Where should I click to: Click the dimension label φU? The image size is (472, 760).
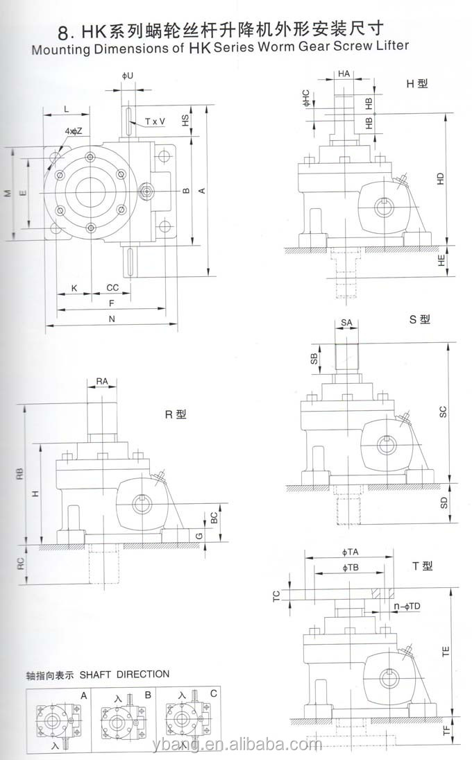[128, 76]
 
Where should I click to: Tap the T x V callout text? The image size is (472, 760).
[155, 121]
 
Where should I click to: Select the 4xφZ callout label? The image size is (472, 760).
[74, 131]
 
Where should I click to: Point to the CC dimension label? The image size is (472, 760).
[112, 287]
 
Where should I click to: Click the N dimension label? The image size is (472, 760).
[112, 319]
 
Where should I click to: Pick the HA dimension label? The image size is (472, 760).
[344, 74]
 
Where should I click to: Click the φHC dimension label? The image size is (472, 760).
[305, 98]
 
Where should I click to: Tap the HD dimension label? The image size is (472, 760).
[441, 179]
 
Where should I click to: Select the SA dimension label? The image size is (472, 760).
[346, 323]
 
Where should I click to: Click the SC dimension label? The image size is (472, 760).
[443, 412]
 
